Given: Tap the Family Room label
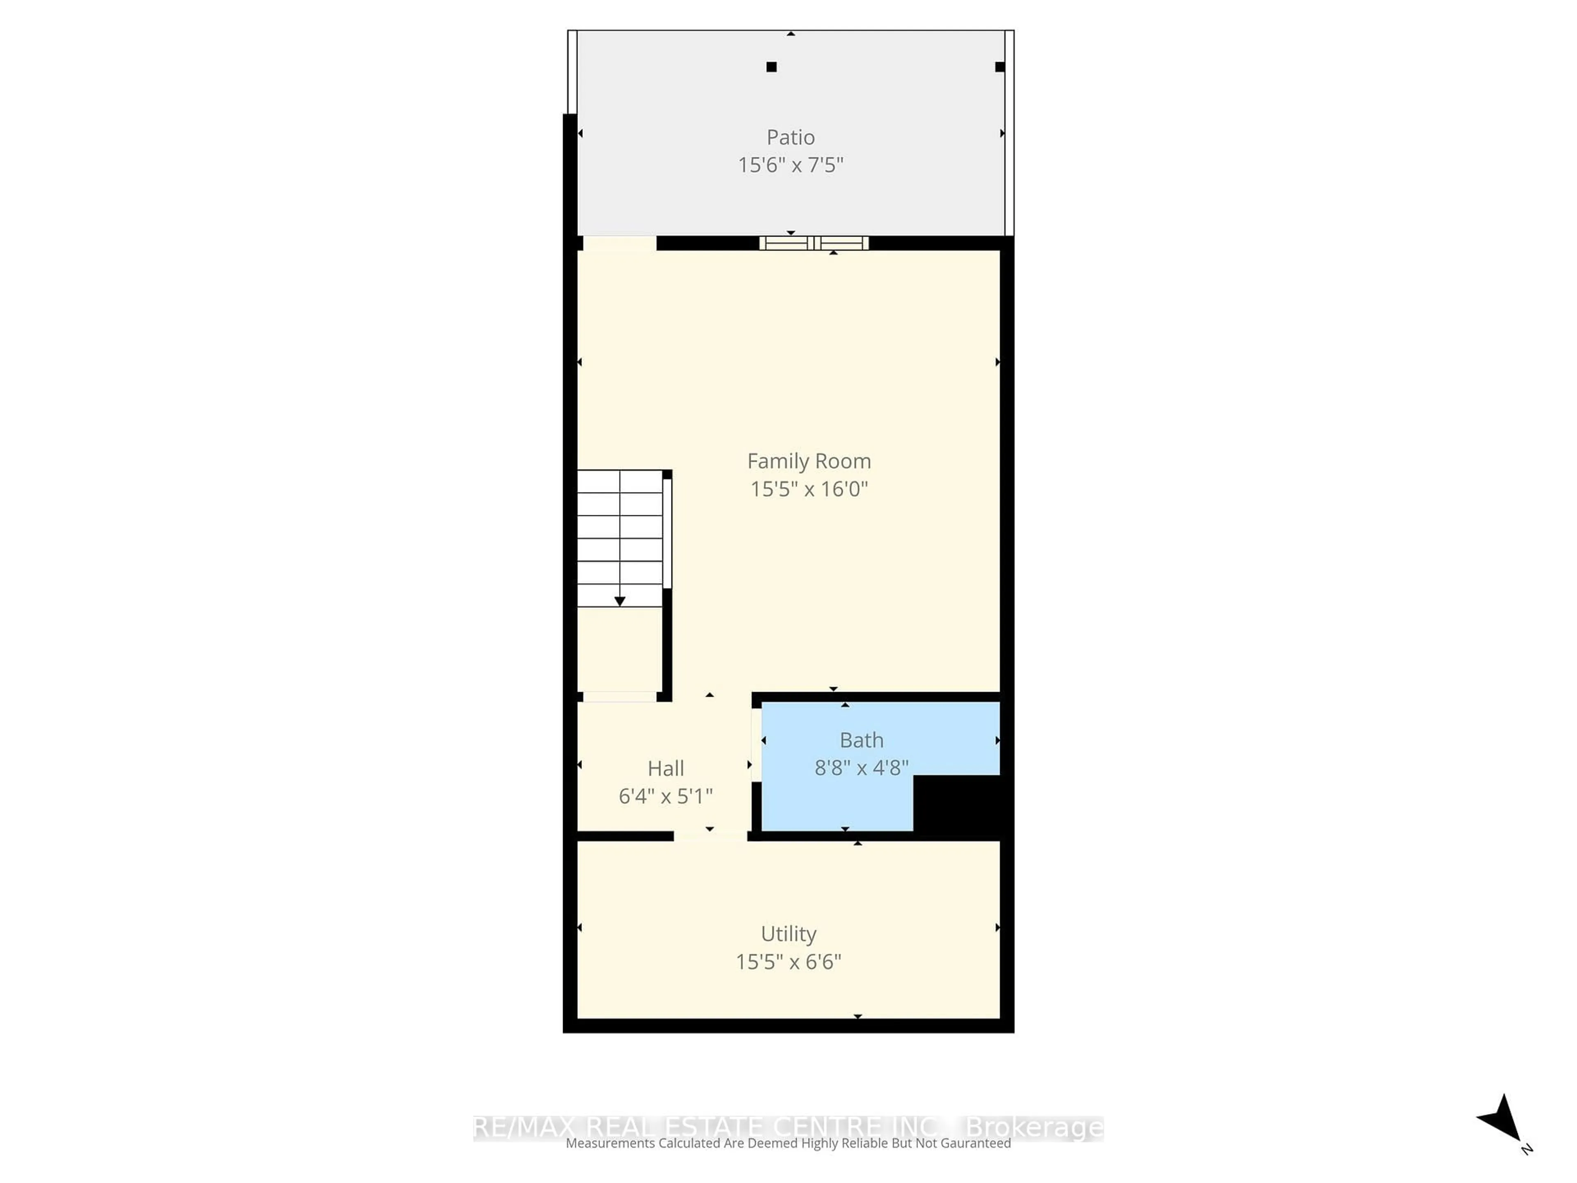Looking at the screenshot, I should point(809,461).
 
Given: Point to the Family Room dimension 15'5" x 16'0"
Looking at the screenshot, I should point(809,489).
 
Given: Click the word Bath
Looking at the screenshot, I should point(861,740).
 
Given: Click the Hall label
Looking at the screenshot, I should point(665,768).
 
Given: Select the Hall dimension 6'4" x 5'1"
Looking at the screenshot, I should point(665,796).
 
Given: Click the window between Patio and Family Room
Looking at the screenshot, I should point(814,243).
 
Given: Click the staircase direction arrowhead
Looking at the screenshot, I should point(620,601).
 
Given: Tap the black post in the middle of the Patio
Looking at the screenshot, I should point(771,67).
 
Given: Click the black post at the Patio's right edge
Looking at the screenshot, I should point(1000,67).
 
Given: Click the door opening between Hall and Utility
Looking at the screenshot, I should point(710,836).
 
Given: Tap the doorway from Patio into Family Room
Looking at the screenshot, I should point(619,243).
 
